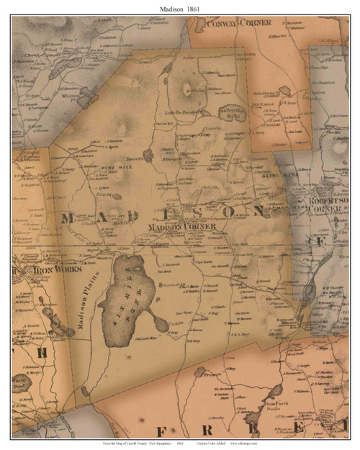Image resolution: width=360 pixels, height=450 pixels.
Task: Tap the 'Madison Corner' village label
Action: tap(181, 227)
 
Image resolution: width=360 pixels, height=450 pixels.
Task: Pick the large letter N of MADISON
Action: tap(258, 210)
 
